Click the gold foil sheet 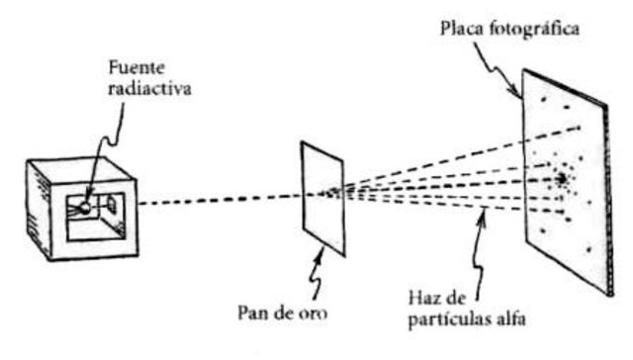point(324,198)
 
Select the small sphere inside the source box point(86,209)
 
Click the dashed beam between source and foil point(218,200)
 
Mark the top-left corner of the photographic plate point(524,69)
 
